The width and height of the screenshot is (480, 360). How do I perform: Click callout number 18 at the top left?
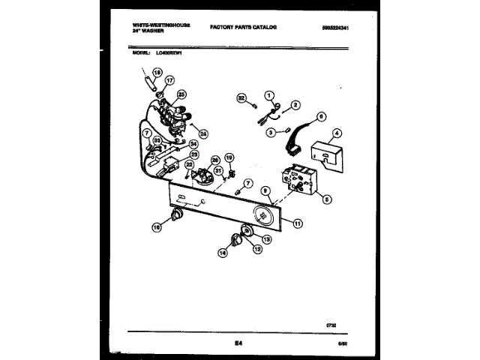pyautogui.click(x=157, y=72)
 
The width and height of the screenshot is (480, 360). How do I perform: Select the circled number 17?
pyautogui.click(x=169, y=81)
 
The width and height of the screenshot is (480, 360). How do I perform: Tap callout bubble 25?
pyautogui.click(x=181, y=94)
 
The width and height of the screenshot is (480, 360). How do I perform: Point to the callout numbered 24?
pyautogui.click(x=203, y=133)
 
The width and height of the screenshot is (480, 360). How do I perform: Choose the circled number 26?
pyautogui.click(x=215, y=159)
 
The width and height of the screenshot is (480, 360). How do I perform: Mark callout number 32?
pyautogui.click(x=241, y=97)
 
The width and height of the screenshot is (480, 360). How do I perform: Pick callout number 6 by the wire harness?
pyautogui.click(x=321, y=116)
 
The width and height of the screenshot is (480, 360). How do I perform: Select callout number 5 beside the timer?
pyautogui.click(x=327, y=199)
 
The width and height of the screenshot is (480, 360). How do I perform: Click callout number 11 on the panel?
pyautogui.click(x=298, y=223)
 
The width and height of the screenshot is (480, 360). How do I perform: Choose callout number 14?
pyautogui.click(x=221, y=253)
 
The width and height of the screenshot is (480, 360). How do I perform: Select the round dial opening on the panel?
pyautogui.click(x=265, y=215)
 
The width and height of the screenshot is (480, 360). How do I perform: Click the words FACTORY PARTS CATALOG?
pyautogui.click(x=242, y=27)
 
